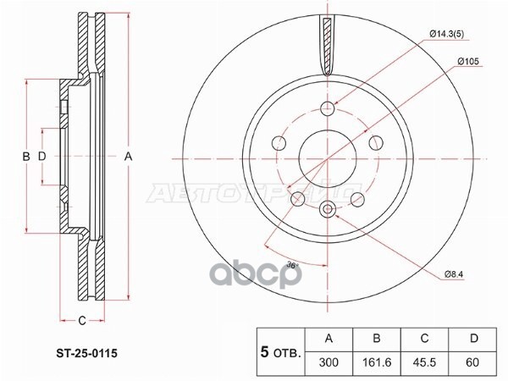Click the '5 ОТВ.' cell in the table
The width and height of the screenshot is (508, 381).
(278, 349)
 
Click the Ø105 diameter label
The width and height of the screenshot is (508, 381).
(445, 60)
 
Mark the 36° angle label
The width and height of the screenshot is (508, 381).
(292, 266)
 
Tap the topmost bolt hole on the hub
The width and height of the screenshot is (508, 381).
(328, 108)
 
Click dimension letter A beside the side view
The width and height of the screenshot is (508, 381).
(129, 156)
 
